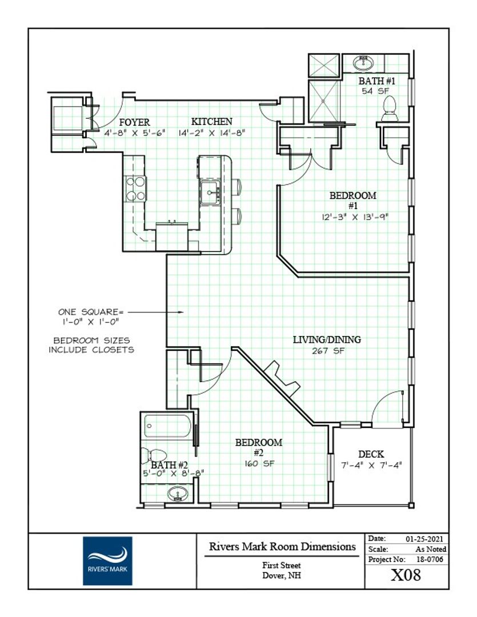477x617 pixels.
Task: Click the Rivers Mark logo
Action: point(107,561)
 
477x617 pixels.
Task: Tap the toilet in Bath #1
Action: point(389,109)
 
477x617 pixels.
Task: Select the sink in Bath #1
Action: point(363,63)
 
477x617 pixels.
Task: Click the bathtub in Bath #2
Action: point(167,426)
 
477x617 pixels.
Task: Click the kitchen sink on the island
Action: point(210,192)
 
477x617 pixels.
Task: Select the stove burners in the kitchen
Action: point(135,189)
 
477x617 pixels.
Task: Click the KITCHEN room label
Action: point(212,122)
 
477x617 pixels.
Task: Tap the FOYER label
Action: point(135,122)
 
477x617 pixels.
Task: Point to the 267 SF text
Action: point(328,351)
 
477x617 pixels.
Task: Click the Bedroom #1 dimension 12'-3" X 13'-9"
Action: point(355,217)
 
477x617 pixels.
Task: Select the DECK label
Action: point(371,455)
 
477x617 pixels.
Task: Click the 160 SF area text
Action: point(259,463)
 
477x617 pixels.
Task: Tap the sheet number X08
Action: point(406,575)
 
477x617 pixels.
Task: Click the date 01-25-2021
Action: point(424,539)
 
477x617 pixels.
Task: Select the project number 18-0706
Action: point(430,559)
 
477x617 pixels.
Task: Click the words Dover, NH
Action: point(282,575)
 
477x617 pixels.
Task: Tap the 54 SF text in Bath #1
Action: point(375,91)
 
